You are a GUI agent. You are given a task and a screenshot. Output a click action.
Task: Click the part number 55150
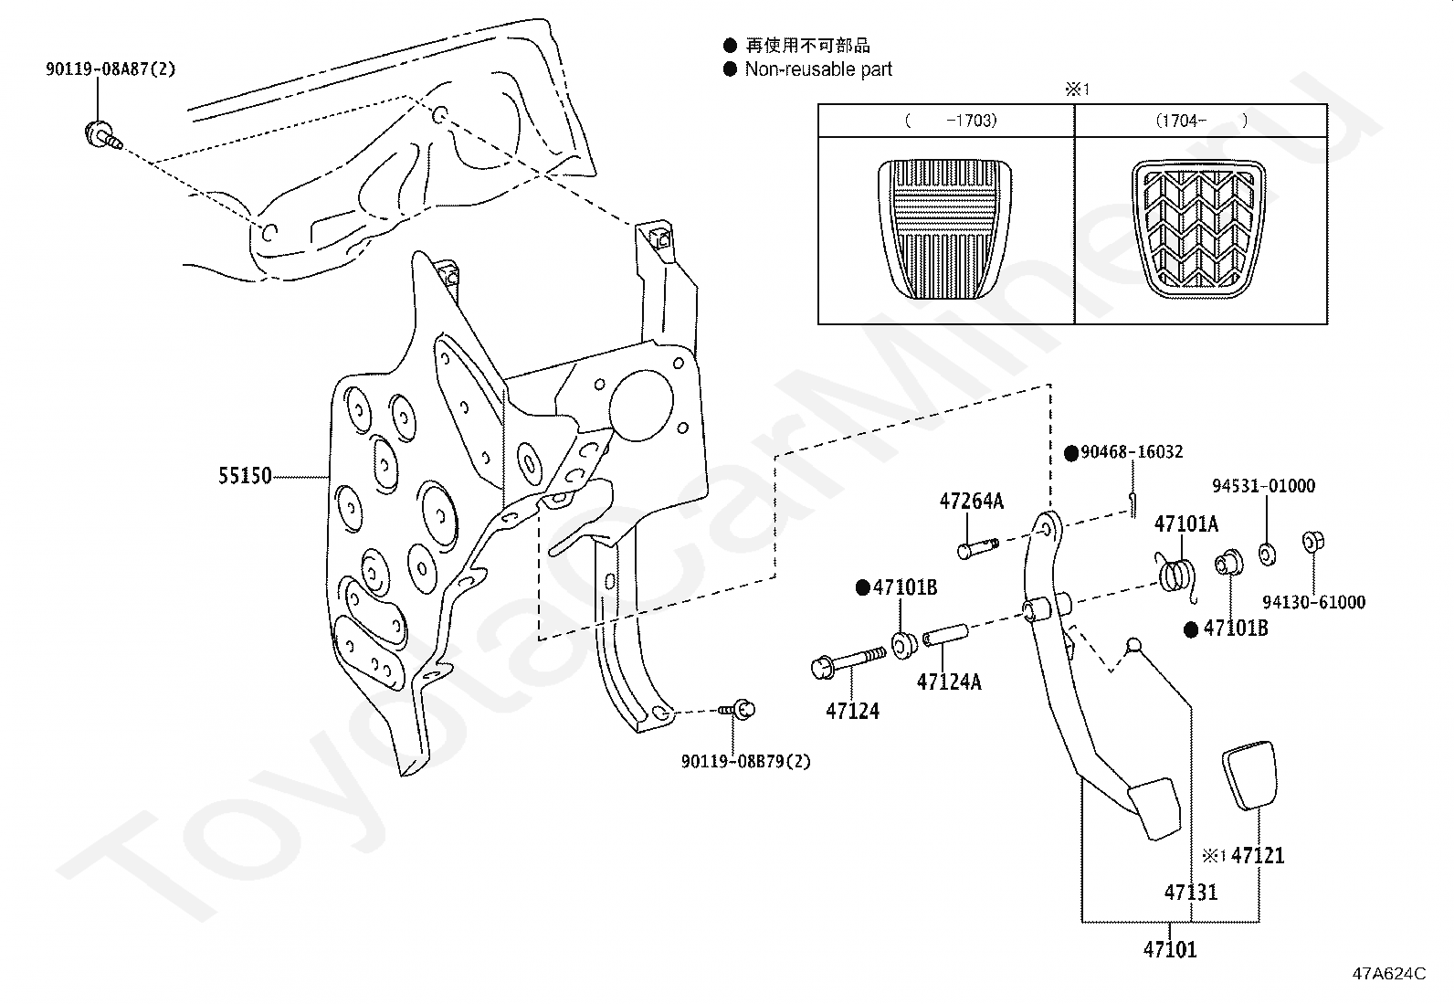coord(245,476)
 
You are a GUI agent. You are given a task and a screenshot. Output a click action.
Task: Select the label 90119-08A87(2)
coord(111,69)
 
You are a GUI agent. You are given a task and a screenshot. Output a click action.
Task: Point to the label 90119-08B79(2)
coord(746,761)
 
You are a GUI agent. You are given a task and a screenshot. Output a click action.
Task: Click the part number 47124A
coord(948,682)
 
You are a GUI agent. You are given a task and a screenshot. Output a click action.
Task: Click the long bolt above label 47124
coord(848,662)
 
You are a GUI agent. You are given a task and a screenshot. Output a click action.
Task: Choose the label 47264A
coord(971,501)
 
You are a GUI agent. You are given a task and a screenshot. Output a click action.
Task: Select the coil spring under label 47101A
coord(1176,575)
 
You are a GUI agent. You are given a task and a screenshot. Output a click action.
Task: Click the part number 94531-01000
coord(1263,486)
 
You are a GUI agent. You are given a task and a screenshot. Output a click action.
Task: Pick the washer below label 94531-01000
coord(1267,554)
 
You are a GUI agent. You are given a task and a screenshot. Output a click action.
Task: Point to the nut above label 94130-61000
coord(1313,542)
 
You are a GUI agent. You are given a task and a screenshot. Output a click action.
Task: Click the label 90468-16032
coord(1132,452)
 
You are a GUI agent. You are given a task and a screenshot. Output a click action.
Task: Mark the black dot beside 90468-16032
coord(1071,453)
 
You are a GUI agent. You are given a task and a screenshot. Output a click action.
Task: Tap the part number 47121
coord(1258,856)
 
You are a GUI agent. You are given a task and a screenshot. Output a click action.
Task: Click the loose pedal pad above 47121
coord(1250,776)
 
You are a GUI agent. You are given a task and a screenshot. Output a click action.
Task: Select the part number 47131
coord(1190,893)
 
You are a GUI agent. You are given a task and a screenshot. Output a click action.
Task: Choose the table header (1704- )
coord(1201,121)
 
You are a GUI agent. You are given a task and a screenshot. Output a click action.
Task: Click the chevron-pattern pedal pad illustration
coord(1199,229)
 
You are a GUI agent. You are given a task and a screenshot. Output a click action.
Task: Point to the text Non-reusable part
coord(818,69)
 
